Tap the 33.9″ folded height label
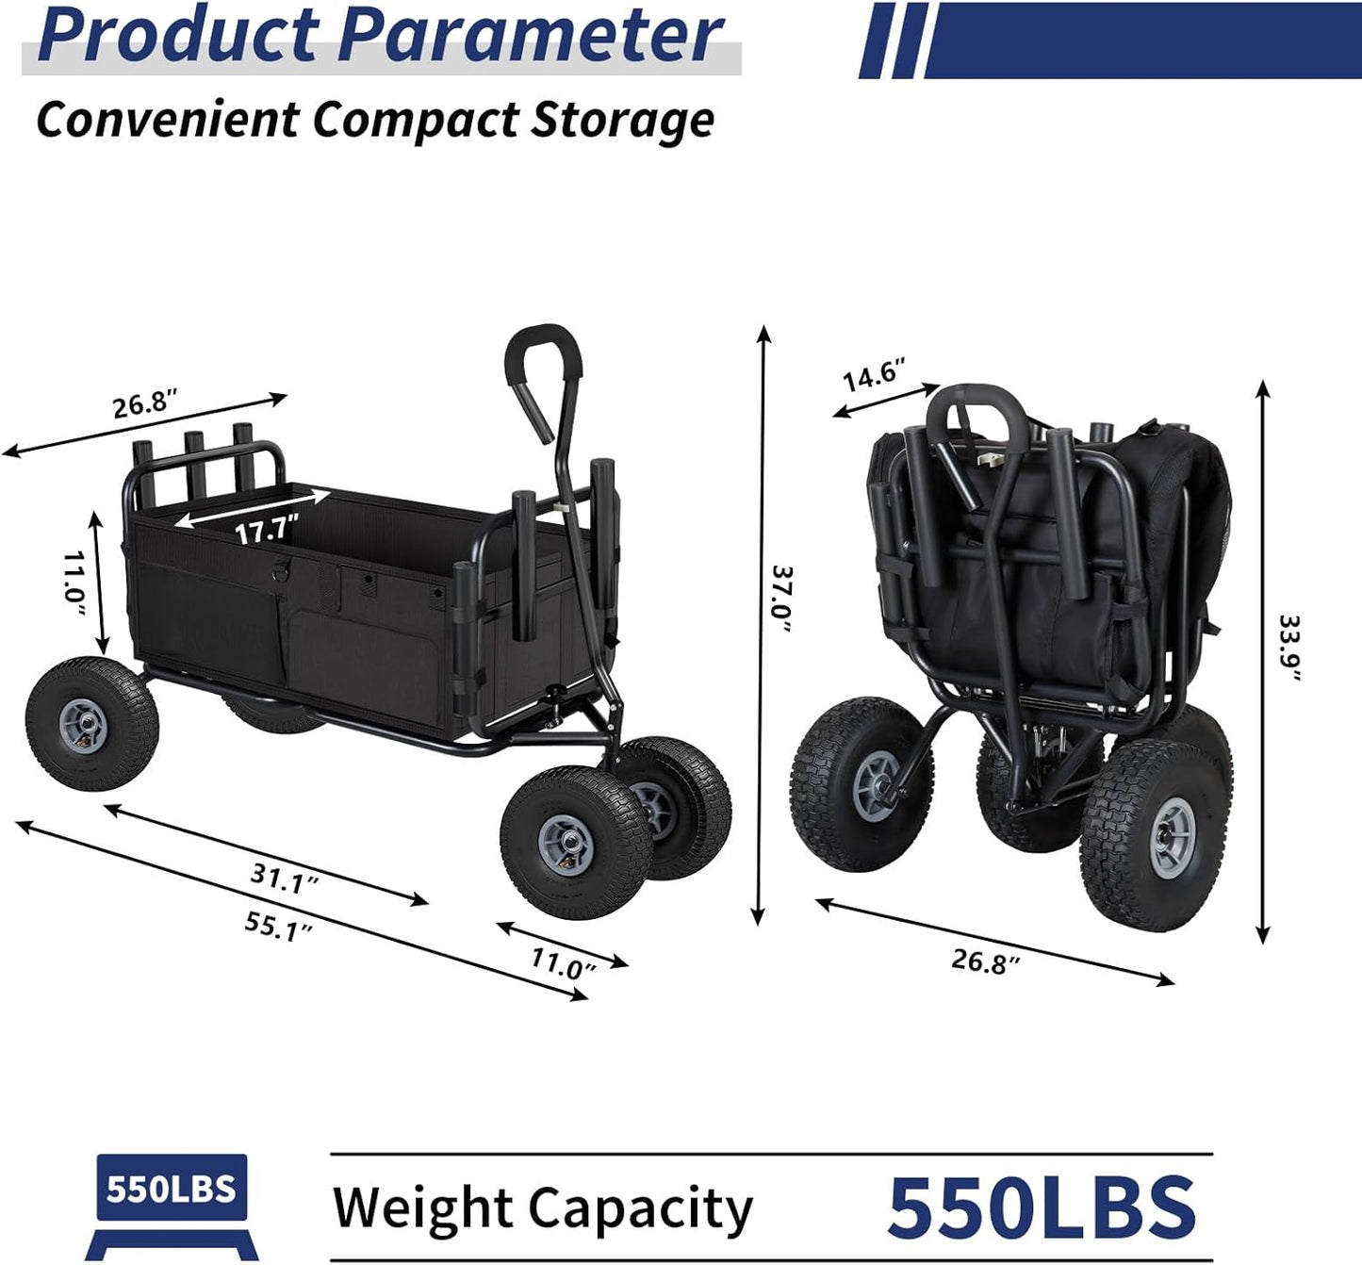pyautogui.click(x=1288, y=647)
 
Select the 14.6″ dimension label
pyautogui.click(x=873, y=374)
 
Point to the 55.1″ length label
pyautogui.click(x=278, y=926)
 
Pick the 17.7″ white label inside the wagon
pyautogui.click(x=267, y=529)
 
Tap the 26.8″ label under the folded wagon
pyautogui.click(x=985, y=961)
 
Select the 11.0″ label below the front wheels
pyautogui.click(x=564, y=963)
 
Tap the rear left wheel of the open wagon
pyautogui.click(x=91, y=724)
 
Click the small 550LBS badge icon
pyautogui.click(x=171, y=1190)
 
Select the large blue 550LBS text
pyautogui.click(x=1041, y=1207)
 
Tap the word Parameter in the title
pyautogui.click(x=531, y=36)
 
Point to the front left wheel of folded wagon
pyautogui.click(x=861, y=784)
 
